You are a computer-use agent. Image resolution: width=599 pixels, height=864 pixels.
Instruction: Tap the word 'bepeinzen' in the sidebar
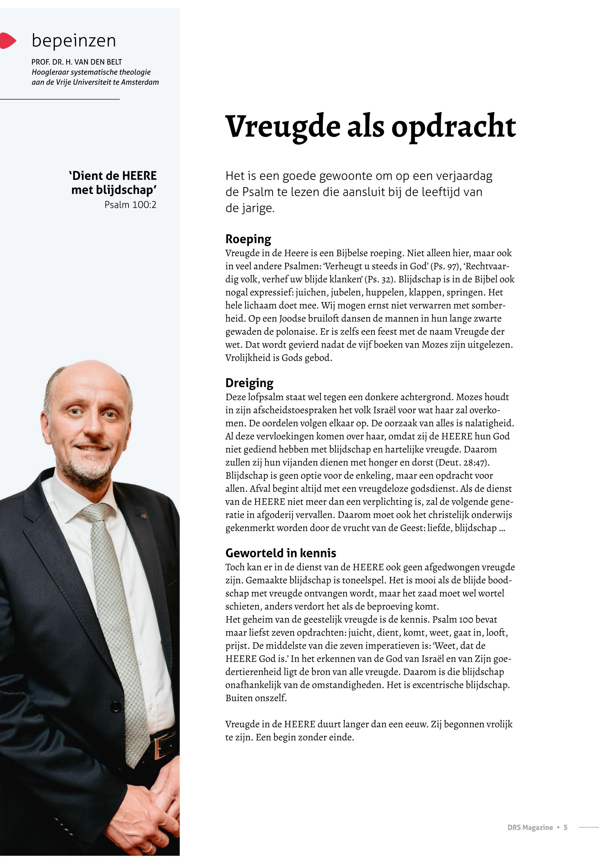point(74,41)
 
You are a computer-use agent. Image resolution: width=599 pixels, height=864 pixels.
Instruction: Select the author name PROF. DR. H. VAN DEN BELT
point(77,62)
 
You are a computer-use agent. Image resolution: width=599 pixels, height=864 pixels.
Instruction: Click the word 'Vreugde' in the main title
point(282,127)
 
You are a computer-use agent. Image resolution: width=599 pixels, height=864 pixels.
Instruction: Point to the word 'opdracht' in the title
point(453,127)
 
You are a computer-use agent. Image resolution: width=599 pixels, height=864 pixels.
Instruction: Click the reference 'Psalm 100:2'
point(130,205)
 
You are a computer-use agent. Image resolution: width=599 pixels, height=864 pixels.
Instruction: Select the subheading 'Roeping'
point(248,239)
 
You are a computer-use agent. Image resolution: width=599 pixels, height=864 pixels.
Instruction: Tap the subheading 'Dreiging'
point(249,383)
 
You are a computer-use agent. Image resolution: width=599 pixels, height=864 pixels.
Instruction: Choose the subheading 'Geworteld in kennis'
point(281,553)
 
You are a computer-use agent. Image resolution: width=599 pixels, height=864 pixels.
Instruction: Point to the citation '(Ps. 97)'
point(445,266)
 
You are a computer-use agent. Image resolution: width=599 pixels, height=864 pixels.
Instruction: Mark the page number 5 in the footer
point(565,827)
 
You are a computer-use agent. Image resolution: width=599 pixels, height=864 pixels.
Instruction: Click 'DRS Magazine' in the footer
point(530,827)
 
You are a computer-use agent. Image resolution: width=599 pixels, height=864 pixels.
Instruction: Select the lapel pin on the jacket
point(143,516)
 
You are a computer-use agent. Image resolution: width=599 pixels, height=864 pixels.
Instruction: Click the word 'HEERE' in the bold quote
point(139,176)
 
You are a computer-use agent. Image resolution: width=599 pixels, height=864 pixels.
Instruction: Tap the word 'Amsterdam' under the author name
point(140,82)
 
